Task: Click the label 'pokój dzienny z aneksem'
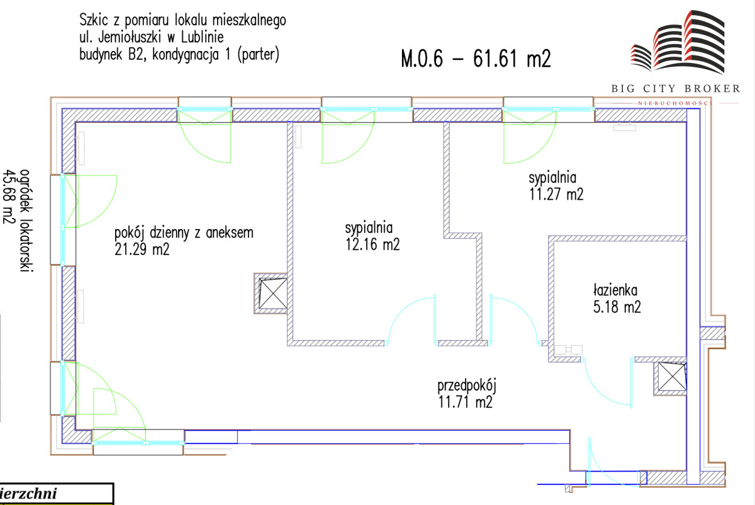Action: (x=184, y=233)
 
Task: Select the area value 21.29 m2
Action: (x=142, y=250)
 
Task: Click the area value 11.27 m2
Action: (x=556, y=195)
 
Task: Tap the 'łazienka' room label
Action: (x=615, y=291)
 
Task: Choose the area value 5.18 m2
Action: (x=618, y=309)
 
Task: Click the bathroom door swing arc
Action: (x=604, y=387)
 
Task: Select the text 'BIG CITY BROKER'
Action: (x=676, y=89)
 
